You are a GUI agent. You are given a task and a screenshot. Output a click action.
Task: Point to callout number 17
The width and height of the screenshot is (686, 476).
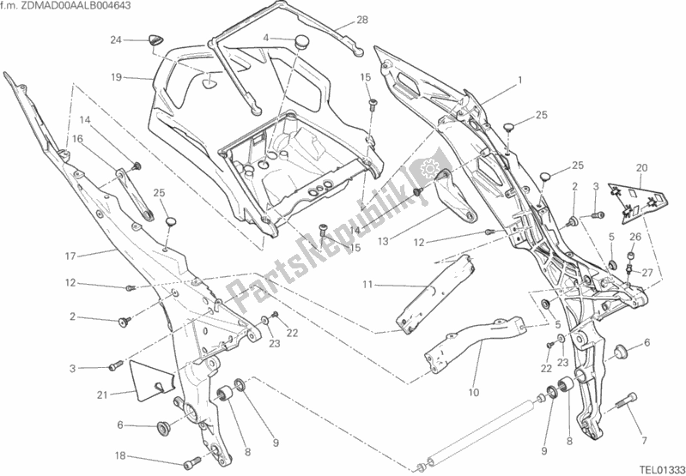tap(70, 255)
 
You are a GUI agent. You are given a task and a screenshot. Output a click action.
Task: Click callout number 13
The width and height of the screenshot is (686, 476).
tap(382, 242)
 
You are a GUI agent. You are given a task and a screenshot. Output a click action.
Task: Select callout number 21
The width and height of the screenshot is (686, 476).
tap(103, 395)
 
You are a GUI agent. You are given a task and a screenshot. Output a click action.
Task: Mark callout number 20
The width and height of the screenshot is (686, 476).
tap(640, 167)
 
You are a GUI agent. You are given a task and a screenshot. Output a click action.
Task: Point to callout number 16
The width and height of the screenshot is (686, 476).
tap(77, 138)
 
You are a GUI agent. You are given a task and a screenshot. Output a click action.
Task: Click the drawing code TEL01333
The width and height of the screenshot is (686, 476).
tap(658, 468)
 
